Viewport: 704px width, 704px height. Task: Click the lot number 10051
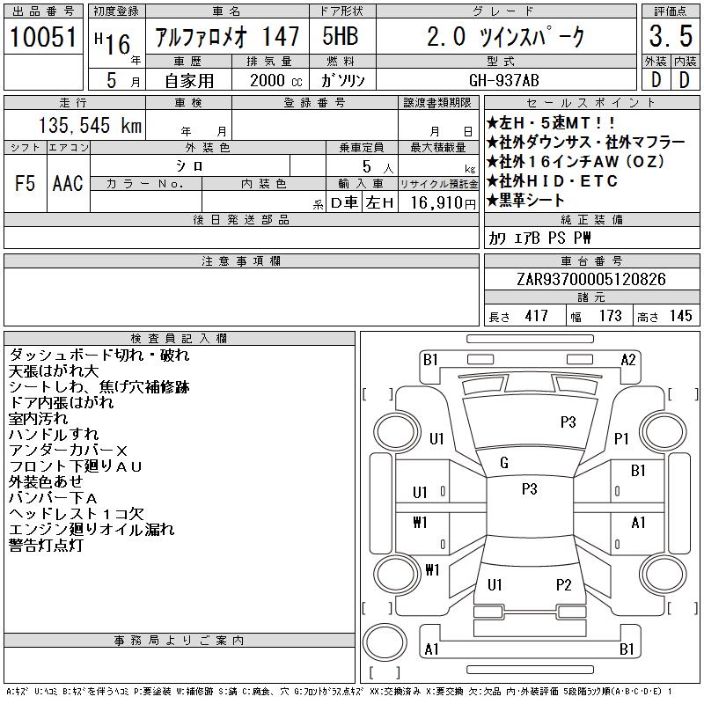coord(43,36)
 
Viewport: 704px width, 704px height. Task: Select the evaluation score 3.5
coord(671,36)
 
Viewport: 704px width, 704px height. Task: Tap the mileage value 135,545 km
coord(90,125)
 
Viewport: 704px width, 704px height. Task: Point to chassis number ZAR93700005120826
coord(591,279)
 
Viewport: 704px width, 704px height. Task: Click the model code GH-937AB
coord(503,80)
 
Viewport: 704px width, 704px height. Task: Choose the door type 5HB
coord(341,36)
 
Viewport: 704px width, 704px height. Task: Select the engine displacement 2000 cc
coord(276,80)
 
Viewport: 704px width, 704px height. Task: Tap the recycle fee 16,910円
coord(444,203)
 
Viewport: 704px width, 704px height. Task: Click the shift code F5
coord(25,184)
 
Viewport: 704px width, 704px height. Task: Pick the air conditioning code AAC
coord(68,184)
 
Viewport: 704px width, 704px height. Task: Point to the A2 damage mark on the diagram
coord(628,360)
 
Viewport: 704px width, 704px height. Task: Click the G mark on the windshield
coord(504,463)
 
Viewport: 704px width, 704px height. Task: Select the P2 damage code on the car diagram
coord(563,585)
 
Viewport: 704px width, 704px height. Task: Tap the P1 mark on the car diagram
coord(621,438)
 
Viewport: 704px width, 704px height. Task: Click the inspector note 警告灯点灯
coord(46,546)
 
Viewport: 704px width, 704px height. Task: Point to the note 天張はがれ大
coord(54,371)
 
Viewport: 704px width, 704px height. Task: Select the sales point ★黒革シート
coord(525,201)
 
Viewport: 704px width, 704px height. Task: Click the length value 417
coord(537,316)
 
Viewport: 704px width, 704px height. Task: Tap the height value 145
coord(680,316)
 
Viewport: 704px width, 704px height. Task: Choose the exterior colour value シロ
coord(189,166)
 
